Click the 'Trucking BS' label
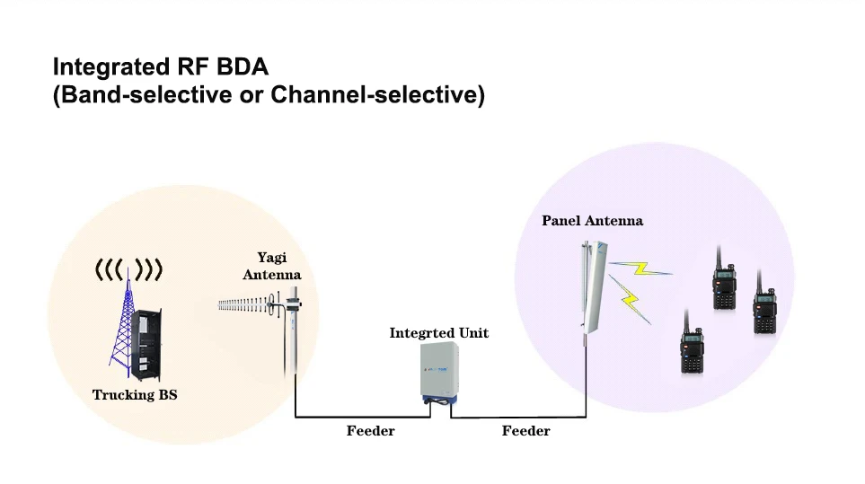(x=135, y=394)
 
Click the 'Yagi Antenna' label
(x=271, y=267)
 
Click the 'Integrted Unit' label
(x=438, y=333)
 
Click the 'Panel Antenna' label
(x=592, y=220)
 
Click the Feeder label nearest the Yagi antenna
(x=370, y=431)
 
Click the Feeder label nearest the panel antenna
(x=525, y=431)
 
